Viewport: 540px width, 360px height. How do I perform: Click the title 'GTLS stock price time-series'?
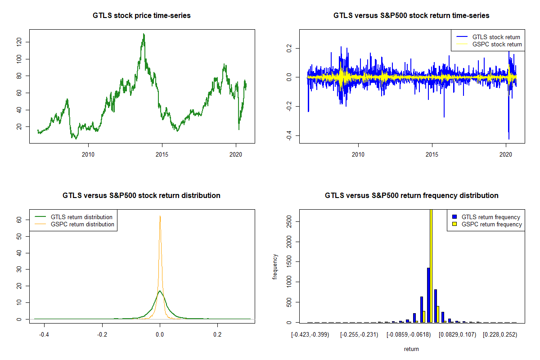(142, 16)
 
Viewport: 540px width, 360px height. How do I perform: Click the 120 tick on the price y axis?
(18, 42)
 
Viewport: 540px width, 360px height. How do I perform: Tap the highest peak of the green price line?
(144, 34)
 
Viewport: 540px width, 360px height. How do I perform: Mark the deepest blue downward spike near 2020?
(508, 139)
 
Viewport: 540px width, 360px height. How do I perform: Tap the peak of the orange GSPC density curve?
(160, 216)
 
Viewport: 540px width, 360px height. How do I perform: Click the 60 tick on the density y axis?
(18, 220)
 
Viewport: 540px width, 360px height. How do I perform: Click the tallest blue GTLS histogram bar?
(428, 295)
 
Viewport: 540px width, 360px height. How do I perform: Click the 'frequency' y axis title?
(275, 267)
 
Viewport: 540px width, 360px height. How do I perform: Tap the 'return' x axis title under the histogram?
(411, 349)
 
